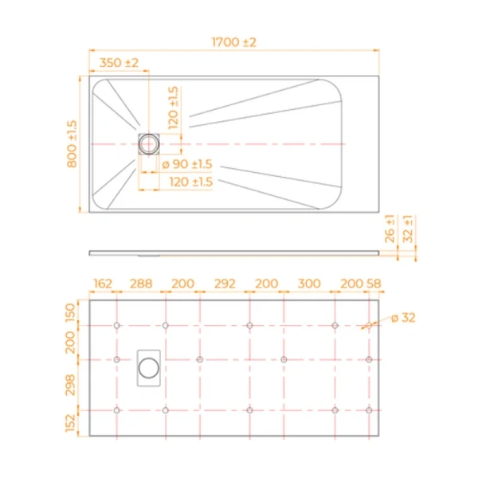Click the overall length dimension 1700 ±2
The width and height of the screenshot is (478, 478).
click(x=233, y=42)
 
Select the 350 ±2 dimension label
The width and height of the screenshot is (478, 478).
click(x=119, y=63)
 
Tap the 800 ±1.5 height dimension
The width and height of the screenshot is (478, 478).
click(x=72, y=143)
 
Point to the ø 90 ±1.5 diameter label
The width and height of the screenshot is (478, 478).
click(x=188, y=164)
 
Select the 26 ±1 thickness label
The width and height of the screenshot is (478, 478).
click(x=390, y=229)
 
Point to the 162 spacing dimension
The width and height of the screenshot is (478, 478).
click(x=103, y=284)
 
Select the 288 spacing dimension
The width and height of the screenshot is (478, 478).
click(x=141, y=284)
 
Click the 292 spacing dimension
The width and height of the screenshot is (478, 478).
click(x=225, y=284)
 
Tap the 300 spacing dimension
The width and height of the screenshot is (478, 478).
click(x=308, y=284)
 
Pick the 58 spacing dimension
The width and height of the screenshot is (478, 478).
click(x=374, y=284)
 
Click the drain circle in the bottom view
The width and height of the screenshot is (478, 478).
click(x=149, y=367)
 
